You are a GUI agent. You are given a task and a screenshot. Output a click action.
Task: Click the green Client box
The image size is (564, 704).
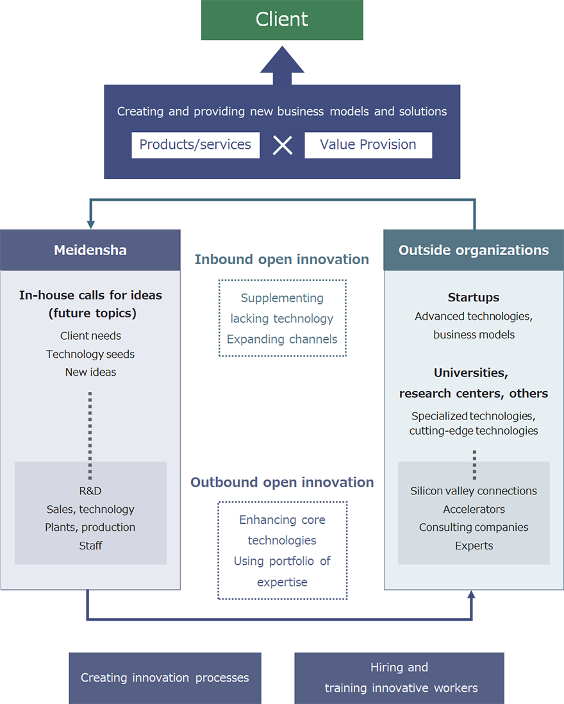282,20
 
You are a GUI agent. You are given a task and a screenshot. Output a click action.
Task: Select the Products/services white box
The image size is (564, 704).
195,145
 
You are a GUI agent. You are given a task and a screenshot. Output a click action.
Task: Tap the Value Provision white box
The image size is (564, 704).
368,145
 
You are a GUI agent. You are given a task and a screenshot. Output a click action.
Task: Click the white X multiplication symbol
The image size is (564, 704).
282,146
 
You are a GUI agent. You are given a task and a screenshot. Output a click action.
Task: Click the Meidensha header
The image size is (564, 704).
90,250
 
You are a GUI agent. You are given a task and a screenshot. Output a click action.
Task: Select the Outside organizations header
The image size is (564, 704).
474,250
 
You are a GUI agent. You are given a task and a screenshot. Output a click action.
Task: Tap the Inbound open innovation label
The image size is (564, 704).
282,260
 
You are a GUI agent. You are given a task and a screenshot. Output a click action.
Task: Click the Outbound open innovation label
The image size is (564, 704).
282,482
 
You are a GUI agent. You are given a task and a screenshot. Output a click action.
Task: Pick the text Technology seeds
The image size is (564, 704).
90,354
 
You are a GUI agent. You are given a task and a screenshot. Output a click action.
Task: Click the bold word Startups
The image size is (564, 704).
474,298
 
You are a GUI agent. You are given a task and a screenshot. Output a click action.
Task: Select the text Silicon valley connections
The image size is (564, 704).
474,491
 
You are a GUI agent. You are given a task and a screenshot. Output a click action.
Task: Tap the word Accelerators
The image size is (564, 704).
474,509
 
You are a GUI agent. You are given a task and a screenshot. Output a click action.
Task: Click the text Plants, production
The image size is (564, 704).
90,527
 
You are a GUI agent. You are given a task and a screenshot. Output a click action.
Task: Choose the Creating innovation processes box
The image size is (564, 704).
165,678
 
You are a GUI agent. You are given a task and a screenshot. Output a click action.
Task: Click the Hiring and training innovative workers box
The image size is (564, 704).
399,678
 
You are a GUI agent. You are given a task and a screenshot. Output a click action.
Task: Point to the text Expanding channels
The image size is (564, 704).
282,339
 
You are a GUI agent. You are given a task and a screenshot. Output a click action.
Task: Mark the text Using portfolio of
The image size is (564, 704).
282,561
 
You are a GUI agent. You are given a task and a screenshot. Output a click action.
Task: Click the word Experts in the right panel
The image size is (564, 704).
474,546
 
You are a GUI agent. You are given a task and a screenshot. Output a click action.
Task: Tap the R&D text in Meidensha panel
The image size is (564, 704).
90,491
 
